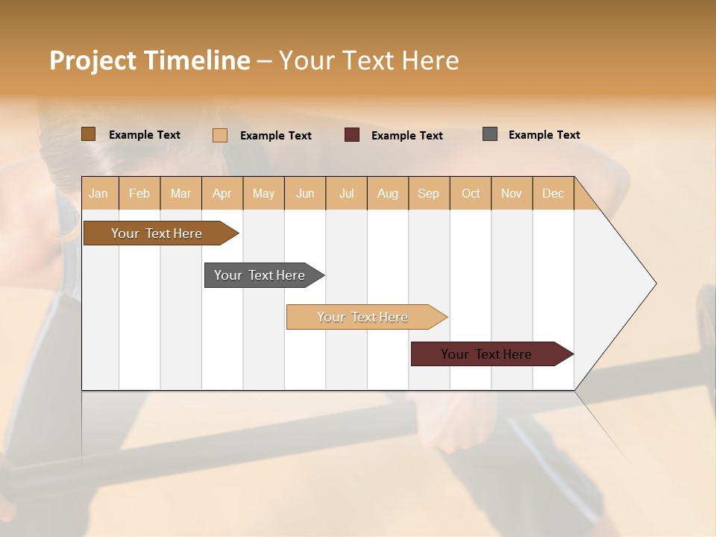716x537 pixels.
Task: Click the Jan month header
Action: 99,193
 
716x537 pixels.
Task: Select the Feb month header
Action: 139,193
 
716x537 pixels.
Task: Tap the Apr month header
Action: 222,193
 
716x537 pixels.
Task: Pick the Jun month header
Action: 305,193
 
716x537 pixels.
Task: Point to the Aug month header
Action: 388,193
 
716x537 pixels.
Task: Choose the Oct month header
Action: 471,193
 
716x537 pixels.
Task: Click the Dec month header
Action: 553,193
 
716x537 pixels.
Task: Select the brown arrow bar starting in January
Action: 157,233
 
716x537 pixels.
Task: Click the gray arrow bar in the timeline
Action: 260,275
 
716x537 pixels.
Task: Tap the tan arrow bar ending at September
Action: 362,317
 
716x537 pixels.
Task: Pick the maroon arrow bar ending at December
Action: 486,354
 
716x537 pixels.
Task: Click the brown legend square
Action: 89,134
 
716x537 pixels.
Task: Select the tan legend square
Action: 220,135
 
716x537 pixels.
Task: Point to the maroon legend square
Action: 352,135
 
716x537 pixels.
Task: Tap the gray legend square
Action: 490,134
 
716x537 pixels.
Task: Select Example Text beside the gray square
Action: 544,135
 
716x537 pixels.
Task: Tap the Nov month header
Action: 512,193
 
